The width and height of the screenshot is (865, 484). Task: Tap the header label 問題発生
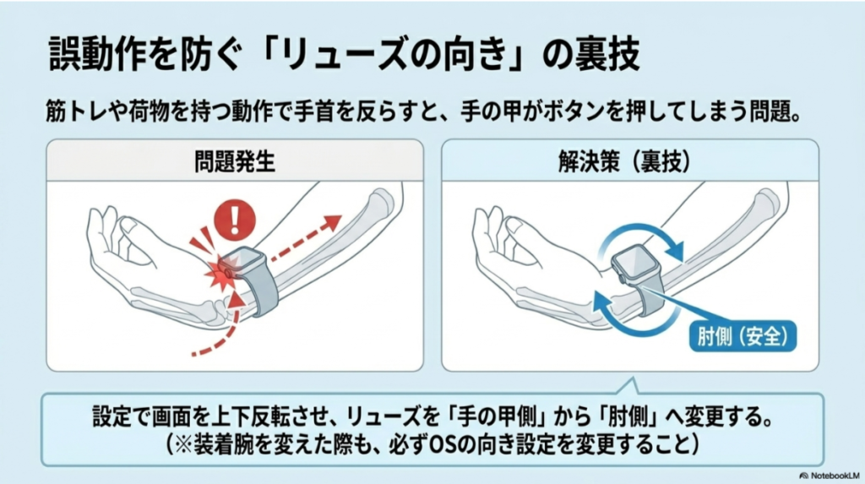234,160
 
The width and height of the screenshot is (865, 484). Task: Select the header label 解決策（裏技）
629,160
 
